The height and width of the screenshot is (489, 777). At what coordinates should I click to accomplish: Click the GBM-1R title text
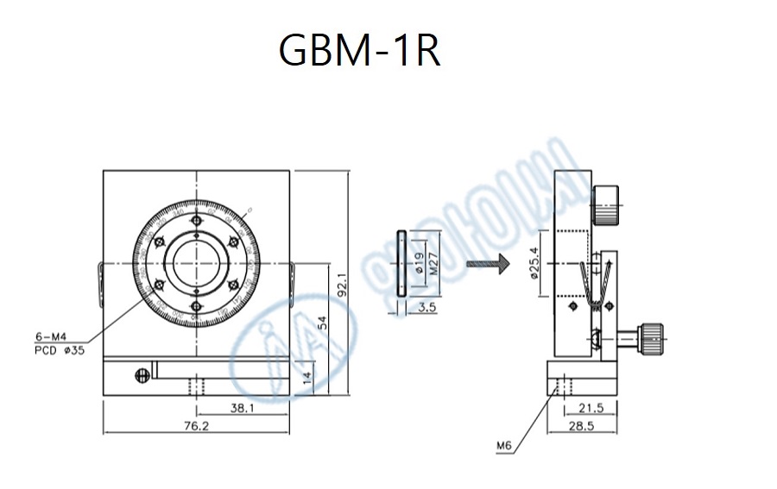(x=359, y=52)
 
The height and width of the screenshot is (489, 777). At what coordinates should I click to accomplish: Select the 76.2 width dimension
(x=195, y=425)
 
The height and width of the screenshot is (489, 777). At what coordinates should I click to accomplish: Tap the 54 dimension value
(x=321, y=322)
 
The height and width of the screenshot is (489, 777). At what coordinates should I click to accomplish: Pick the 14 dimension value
(x=307, y=378)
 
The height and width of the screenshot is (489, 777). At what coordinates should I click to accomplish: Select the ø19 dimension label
(x=419, y=263)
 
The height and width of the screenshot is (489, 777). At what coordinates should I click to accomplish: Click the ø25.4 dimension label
(x=534, y=264)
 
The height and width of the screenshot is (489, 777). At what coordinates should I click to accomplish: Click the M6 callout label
(x=504, y=446)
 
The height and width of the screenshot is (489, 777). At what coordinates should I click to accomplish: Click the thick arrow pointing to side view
(x=486, y=264)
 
